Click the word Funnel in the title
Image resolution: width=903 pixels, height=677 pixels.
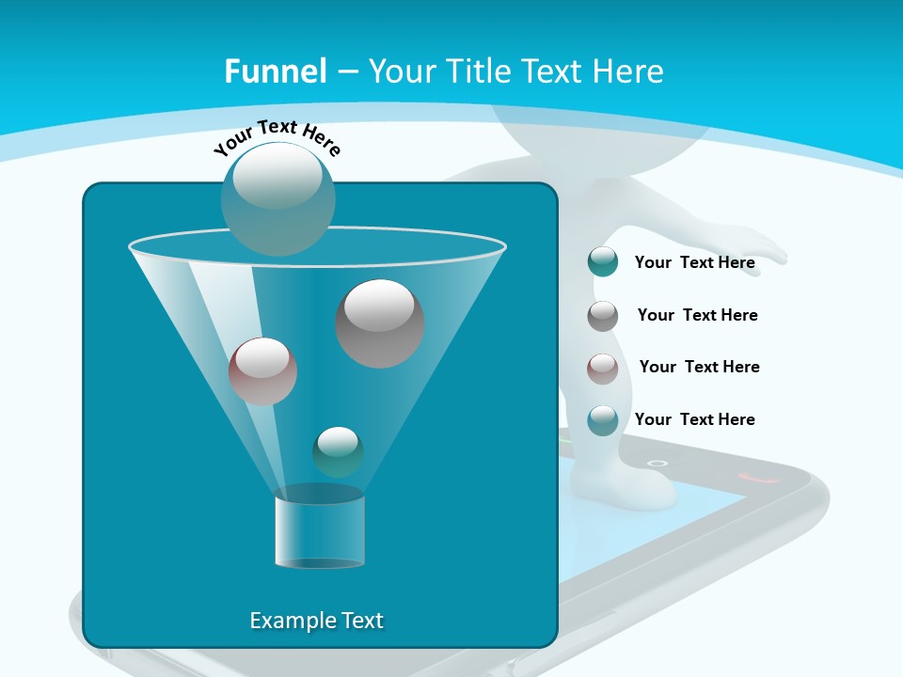point(276,71)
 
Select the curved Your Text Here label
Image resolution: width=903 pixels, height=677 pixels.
point(277,137)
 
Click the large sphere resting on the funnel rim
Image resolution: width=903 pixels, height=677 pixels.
point(277,198)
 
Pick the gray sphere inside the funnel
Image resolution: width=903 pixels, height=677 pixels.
point(380,323)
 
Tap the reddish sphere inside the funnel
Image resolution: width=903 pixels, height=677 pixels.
point(262,371)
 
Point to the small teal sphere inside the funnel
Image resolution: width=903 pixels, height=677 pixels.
point(338,452)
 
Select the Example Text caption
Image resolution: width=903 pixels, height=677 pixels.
point(316,621)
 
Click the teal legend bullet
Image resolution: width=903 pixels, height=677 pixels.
point(603,261)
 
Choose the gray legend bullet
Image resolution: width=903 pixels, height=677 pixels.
point(603,316)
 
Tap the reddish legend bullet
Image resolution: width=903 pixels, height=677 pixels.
point(603,369)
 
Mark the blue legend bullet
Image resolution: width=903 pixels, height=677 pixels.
point(603,420)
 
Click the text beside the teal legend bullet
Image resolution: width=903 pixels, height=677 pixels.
point(694,263)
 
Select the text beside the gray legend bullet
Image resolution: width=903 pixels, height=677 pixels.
point(697,316)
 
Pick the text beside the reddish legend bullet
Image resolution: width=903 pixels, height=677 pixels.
point(699,368)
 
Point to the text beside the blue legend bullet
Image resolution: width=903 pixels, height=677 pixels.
point(694,419)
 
